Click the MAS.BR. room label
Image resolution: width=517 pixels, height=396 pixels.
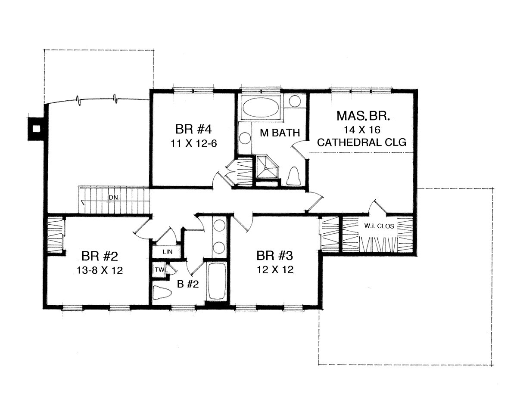point(363,116)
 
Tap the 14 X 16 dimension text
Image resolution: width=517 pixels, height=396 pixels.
point(362,130)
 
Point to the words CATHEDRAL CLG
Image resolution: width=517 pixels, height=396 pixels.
point(361,142)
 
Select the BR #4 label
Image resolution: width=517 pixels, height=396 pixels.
point(193,130)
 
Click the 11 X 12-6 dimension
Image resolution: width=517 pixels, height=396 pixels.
point(194,144)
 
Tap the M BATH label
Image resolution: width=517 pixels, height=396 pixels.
point(280,133)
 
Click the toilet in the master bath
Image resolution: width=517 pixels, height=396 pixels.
point(293,176)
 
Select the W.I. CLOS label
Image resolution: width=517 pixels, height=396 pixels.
point(379,226)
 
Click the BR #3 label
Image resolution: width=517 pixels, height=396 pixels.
point(275,256)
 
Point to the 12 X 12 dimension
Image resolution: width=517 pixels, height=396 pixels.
point(275,269)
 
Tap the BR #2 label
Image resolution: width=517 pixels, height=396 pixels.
point(100,256)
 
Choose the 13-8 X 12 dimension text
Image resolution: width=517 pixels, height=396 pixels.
point(100,270)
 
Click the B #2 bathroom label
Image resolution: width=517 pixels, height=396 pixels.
point(188,284)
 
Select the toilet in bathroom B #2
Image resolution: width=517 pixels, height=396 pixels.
point(162,293)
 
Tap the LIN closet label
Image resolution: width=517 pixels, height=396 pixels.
point(168,252)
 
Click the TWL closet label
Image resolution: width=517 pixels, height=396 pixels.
point(161,269)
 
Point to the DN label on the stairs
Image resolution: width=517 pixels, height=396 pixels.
point(113,197)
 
